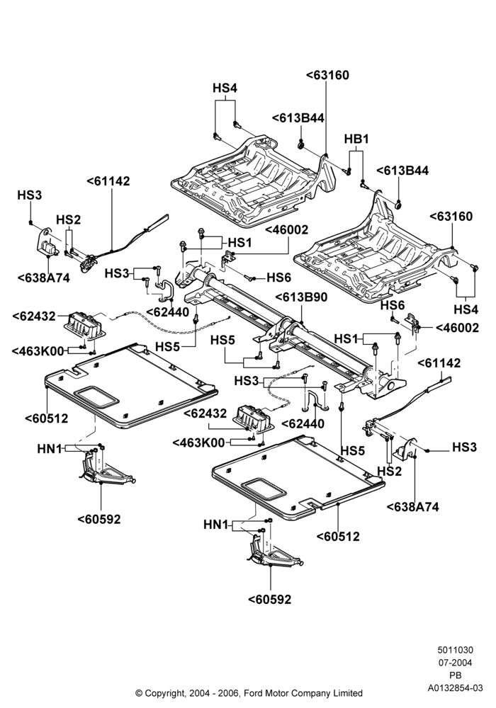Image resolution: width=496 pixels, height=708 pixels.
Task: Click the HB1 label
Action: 356,139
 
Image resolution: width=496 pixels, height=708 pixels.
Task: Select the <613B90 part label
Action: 301,297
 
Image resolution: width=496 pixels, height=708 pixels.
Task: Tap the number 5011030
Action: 456,650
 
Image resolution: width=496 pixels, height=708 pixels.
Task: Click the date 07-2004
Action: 456,663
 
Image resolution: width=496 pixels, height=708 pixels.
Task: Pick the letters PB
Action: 456,675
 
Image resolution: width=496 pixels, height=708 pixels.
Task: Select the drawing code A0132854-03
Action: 456,688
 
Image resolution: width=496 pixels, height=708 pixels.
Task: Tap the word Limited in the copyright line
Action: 349,693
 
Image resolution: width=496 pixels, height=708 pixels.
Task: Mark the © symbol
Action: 139,693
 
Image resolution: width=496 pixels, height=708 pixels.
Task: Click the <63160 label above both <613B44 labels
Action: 327,75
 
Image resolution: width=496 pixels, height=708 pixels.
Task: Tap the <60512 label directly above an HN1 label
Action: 47,418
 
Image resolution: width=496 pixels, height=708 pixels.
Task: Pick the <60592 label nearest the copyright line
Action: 270,600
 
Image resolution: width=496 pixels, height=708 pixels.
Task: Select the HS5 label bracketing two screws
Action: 222,340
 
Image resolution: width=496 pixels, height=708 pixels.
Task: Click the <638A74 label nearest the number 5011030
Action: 413,507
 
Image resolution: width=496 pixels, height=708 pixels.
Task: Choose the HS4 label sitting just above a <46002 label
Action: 466,310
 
